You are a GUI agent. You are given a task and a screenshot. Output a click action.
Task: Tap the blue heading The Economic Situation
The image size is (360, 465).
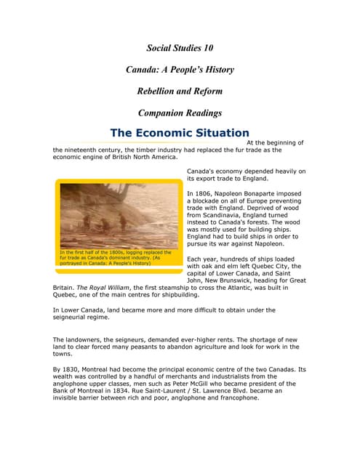179,133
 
